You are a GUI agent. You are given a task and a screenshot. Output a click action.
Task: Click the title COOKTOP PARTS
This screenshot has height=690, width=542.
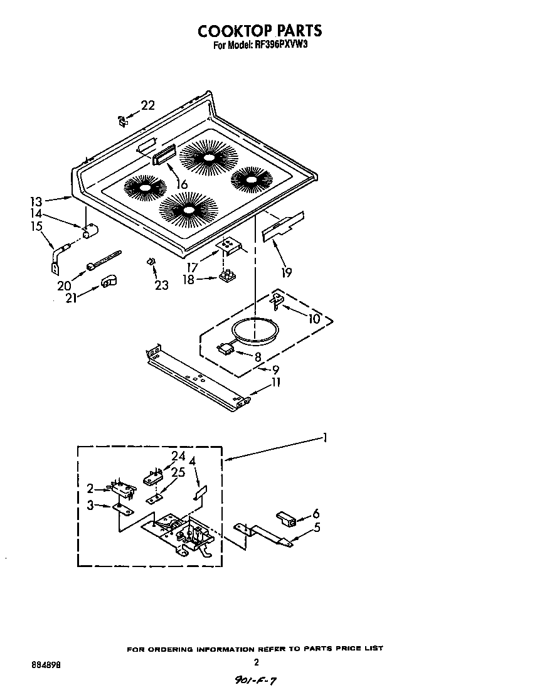pos(260,31)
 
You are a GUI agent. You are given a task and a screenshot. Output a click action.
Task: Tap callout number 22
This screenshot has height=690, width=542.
pos(147,105)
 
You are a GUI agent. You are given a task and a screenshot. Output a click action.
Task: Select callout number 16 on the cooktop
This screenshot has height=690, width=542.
pos(182,184)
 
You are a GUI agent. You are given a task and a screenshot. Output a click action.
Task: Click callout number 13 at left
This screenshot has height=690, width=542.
pos(36,201)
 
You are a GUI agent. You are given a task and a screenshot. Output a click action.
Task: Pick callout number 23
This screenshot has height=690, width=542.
pos(161,285)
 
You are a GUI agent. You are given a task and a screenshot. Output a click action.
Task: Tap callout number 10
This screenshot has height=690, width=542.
pos(314,319)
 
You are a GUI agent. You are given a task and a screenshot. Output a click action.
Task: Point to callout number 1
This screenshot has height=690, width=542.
pos(324,438)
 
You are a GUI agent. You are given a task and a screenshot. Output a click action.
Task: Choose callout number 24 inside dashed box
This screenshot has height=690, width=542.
pos(178,457)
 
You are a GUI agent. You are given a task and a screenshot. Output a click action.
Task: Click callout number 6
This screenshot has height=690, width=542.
pos(316,512)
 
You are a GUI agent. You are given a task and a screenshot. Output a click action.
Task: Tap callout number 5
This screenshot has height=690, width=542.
pos(317,528)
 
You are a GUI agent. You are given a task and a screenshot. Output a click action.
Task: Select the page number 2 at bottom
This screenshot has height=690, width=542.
pos(256,662)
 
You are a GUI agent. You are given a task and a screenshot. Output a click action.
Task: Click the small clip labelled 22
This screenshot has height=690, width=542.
pos(121,120)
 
